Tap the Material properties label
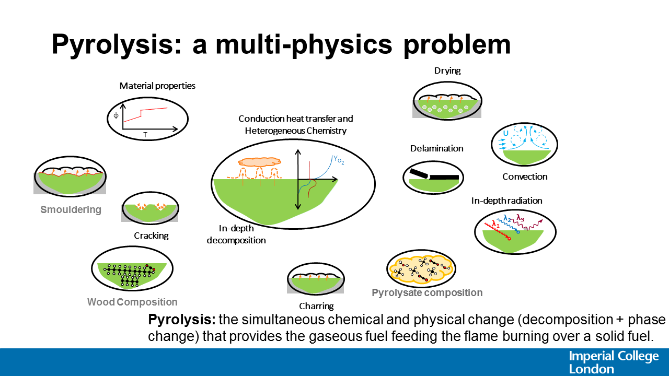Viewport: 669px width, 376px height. (x=157, y=86)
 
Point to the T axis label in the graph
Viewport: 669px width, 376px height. (x=145, y=135)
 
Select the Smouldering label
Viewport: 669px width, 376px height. (x=71, y=210)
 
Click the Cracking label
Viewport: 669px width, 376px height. (x=151, y=236)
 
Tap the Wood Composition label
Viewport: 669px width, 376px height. (x=132, y=302)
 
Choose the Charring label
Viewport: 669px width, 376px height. (x=316, y=306)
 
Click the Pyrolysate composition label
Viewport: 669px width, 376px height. (x=427, y=292)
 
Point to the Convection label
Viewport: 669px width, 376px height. (x=525, y=177)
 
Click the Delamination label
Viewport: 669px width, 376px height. (x=436, y=148)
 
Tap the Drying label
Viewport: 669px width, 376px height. (x=447, y=70)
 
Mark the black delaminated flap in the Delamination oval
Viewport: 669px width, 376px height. (x=421, y=173)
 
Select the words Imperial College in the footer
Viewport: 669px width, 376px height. (x=614, y=357)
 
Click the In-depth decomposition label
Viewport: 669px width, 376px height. (x=236, y=234)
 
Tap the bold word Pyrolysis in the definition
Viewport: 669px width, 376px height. (x=181, y=320)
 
